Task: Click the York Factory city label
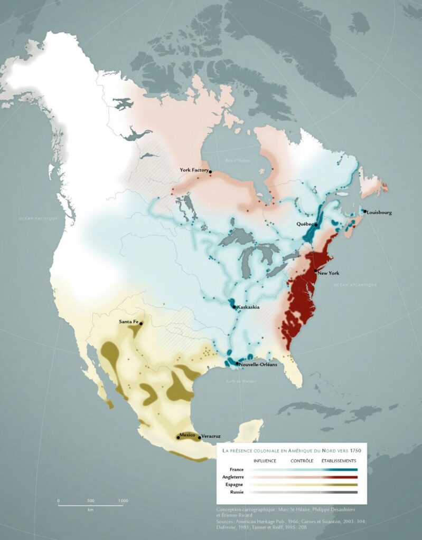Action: pos(194,170)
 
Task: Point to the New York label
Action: pos(329,273)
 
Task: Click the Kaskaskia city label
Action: pos(248,307)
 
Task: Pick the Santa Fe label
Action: pos(128,321)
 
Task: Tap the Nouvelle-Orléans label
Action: pos(258,364)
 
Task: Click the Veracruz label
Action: pos(211,437)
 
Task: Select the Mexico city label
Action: pos(187,435)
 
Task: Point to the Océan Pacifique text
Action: pos(37,218)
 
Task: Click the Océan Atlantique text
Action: pos(355,285)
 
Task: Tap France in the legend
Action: pos(237,469)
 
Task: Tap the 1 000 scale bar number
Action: pos(123,500)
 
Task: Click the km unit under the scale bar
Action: pos(90,510)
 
